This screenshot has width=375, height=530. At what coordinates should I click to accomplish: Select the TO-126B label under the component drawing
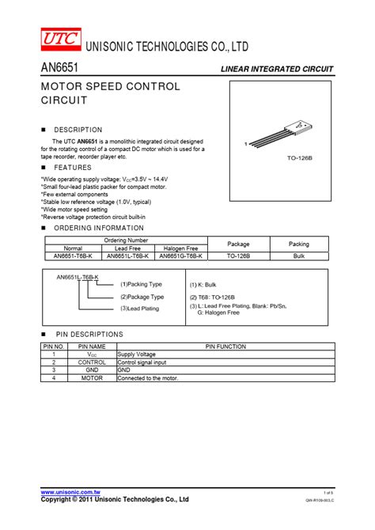click(x=300, y=158)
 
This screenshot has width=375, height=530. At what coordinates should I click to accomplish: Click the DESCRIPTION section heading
click(x=78, y=130)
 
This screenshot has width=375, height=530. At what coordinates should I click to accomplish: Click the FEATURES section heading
click(x=72, y=168)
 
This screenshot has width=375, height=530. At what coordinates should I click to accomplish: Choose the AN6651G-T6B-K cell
click(x=181, y=256)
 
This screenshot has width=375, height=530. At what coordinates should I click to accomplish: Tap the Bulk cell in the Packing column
click(x=298, y=256)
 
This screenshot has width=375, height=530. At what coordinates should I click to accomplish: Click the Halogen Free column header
click(x=181, y=248)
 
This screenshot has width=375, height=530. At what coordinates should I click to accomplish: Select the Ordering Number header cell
click(x=127, y=240)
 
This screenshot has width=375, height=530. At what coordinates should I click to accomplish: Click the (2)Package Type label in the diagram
click(x=142, y=297)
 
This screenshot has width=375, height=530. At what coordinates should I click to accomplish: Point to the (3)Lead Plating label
click(x=139, y=309)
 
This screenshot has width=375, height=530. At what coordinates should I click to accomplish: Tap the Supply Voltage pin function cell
click(x=137, y=354)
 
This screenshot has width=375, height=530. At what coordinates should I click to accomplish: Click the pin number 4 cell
click(x=54, y=378)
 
